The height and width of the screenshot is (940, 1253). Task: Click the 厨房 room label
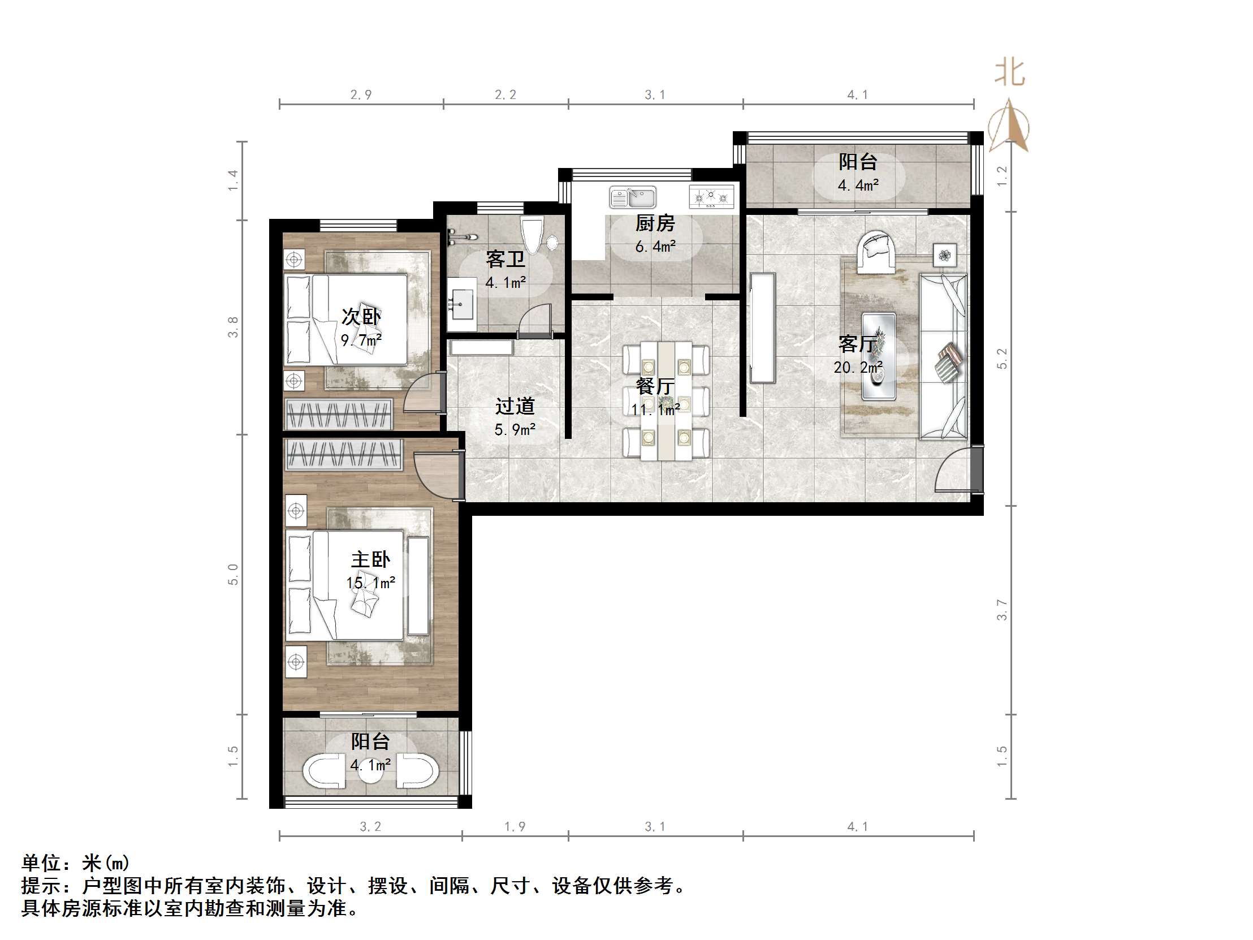(655, 224)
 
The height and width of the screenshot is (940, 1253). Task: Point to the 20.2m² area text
(858, 367)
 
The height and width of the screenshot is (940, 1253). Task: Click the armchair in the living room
(876, 252)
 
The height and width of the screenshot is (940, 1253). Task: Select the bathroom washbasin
(461, 305)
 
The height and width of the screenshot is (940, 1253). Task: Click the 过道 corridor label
(515, 406)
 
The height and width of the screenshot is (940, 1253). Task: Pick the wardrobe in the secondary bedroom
(339, 414)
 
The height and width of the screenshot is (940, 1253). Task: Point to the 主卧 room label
(370, 560)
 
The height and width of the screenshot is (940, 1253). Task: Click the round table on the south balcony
(371, 771)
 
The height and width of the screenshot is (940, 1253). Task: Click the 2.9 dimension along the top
(360, 94)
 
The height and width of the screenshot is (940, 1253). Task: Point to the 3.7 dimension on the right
(1002, 610)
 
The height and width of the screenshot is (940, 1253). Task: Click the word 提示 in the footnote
(41, 886)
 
